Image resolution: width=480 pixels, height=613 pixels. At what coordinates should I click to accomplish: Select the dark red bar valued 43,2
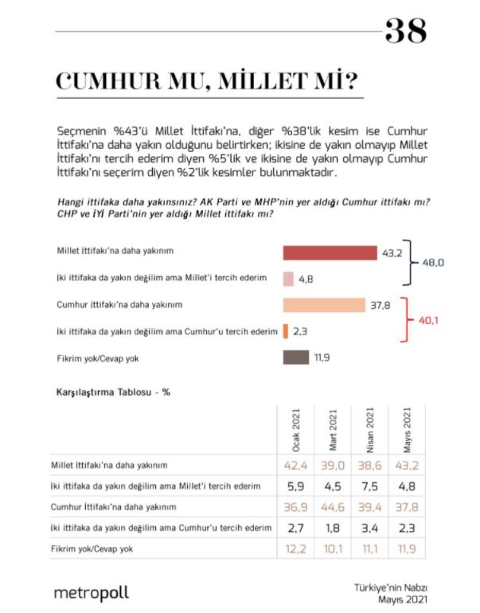(330, 252)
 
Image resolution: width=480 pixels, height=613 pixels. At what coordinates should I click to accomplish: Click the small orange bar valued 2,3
(286, 330)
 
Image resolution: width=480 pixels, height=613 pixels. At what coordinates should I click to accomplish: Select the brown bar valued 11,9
(296, 357)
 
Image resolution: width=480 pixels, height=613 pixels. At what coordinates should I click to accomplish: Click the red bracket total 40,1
(431, 321)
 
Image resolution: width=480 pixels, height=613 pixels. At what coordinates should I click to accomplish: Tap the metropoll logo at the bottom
(91, 592)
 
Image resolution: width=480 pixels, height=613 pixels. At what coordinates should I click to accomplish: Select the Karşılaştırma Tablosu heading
(112, 393)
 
